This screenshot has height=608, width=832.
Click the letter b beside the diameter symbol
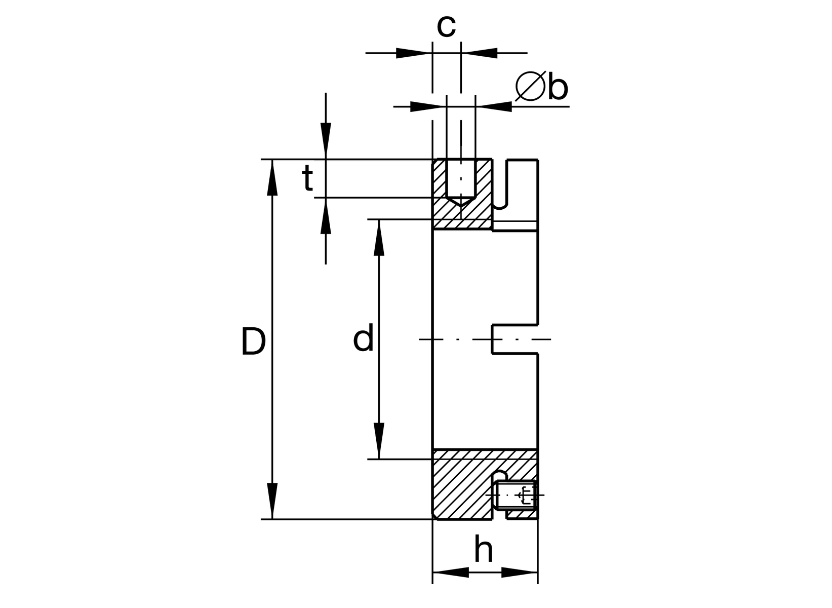(558, 88)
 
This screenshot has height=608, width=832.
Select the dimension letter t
(307, 179)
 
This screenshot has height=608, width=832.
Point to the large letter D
(253, 341)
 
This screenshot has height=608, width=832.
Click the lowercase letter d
(363, 338)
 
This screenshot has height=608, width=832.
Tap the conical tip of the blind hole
(461, 201)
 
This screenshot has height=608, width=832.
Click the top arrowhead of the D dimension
(272, 177)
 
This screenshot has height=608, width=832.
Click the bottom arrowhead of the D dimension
(272, 502)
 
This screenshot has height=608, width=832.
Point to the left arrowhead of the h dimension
(451, 573)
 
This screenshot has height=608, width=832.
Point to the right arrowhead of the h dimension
(520, 573)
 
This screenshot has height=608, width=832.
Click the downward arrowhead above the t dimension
(326, 141)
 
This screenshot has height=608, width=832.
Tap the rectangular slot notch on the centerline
(514, 338)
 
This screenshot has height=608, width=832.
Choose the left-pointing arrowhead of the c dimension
(479, 52)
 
